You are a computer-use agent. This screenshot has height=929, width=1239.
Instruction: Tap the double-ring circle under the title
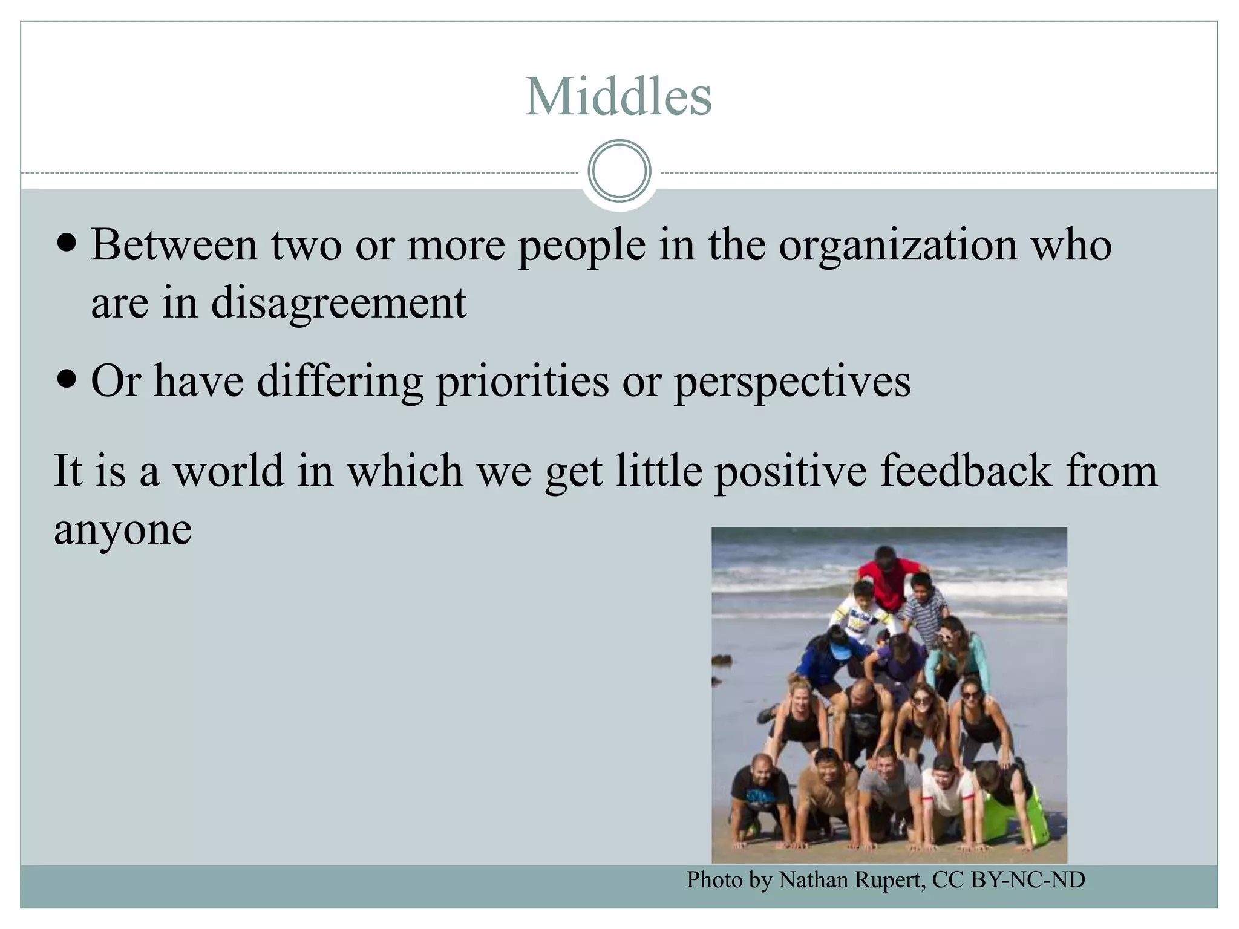(x=619, y=171)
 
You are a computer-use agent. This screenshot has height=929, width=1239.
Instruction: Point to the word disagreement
(x=339, y=302)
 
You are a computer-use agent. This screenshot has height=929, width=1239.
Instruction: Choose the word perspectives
(x=793, y=382)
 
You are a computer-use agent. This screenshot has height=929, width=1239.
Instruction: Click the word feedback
(x=966, y=471)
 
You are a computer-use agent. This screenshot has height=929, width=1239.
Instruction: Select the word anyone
(x=123, y=529)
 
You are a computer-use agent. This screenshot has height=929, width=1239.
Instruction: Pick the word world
(x=229, y=471)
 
